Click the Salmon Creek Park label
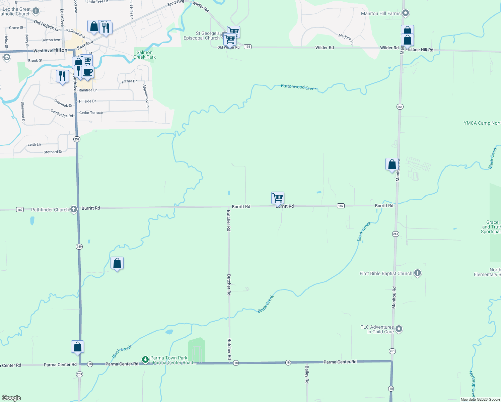coord(145,55)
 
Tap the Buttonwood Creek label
coord(299,87)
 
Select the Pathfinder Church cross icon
coord(74,209)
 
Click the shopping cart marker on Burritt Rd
coord(278,198)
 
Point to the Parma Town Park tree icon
coord(145,360)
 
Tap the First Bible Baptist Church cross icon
coord(418,273)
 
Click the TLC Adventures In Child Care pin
coord(399,329)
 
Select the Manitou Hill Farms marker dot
coord(406,13)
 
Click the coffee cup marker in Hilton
coord(88,72)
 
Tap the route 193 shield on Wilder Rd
coord(247,47)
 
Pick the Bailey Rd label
coord(307,375)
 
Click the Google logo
coord(11,398)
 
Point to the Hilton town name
coord(60,50)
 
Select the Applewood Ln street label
coord(146,96)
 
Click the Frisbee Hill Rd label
coord(419,50)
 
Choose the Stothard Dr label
coord(53,152)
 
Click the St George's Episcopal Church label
coord(202,36)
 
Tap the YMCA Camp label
coord(482,123)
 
